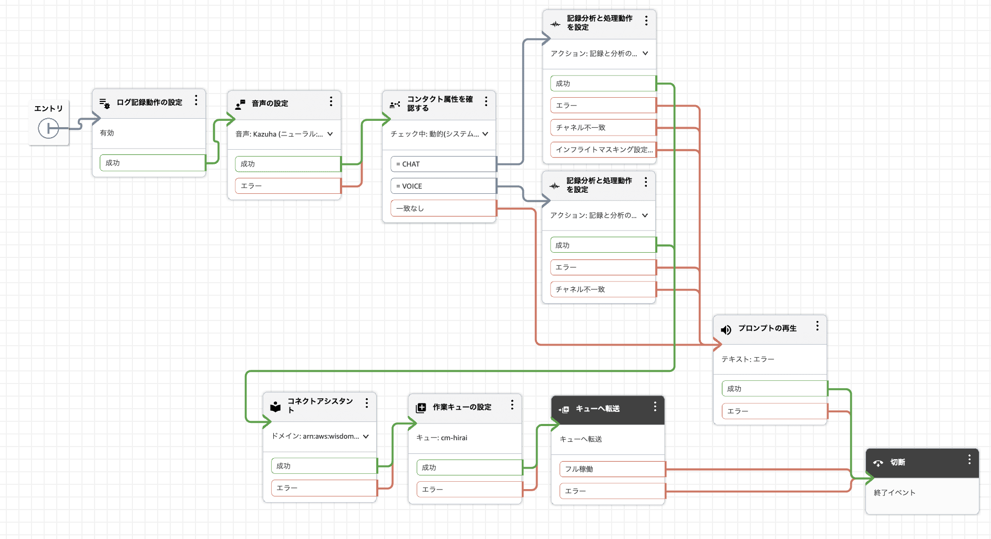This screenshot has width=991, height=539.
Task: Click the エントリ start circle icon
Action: pyautogui.click(x=48, y=128)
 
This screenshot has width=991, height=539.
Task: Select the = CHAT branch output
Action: pyautogui.click(x=443, y=164)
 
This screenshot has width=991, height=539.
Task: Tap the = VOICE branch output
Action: pyautogui.click(x=443, y=186)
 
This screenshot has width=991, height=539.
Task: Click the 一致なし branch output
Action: pyautogui.click(x=443, y=208)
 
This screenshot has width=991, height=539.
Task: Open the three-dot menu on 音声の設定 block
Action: pyautogui.click(x=331, y=101)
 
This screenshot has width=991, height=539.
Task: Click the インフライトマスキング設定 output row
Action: pyautogui.click(x=603, y=150)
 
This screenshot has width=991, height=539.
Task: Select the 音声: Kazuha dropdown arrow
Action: pyautogui.click(x=330, y=134)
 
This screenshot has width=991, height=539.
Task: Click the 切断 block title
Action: pyautogui.click(x=897, y=462)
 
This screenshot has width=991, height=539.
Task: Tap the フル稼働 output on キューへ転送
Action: pyautogui.click(x=612, y=469)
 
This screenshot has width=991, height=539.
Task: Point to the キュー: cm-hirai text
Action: pyautogui.click(x=441, y=438)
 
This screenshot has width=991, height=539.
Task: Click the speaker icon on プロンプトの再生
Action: pyautogui.click(x=726, y=330)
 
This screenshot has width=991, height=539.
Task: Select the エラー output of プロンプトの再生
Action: pyautogui.click(x=773, y=411)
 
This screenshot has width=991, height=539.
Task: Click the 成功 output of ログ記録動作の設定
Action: pyautogui.click(x=152, y=163)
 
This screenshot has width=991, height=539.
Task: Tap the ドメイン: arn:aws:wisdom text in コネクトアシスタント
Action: pyautogui.click(x=315, y=436)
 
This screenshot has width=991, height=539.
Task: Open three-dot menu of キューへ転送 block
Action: pyautogui.click(x=655, y=407)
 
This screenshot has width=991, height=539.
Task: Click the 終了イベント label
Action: pyautogui.click(x=894, y=493)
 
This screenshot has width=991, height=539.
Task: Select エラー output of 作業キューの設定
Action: pyautogui.click(x=469, y=489)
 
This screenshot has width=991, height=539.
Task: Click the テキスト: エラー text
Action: pyautogui.click(x=748, y=359)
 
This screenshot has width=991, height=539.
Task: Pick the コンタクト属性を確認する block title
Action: pyautogui.click(x=439, y=103)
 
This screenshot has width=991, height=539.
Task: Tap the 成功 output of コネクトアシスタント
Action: pyautogui.click(x=324, y=466)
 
